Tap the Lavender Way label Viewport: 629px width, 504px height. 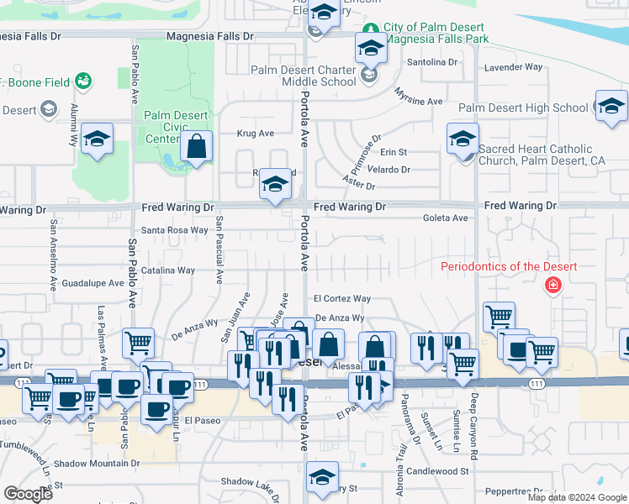click(x=523, y=66)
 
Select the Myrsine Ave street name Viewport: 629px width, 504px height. click(x=419, y=101)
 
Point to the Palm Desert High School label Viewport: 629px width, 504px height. click(x=523, y=108)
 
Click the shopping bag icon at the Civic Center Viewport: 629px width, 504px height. click(x=196, y=147)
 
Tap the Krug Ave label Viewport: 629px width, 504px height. click(x=256, y=133)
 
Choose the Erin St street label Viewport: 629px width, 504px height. click(x=394, y=152)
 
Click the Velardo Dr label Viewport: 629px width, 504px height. click(x=388, y=169)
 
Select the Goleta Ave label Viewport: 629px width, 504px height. click(x=448, y=218)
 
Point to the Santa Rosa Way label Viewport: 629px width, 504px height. click(x=174, y=229)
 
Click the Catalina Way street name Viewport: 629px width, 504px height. click(x=168, y=270)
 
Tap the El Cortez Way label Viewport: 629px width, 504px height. click(x=341, y=298)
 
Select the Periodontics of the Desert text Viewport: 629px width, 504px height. click(x=510, y=267)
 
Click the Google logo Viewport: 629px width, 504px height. click(x=28, y=494)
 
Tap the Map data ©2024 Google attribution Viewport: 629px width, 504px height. click(x=577, y=497)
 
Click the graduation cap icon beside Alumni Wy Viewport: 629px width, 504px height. click(x=98, y=139)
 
